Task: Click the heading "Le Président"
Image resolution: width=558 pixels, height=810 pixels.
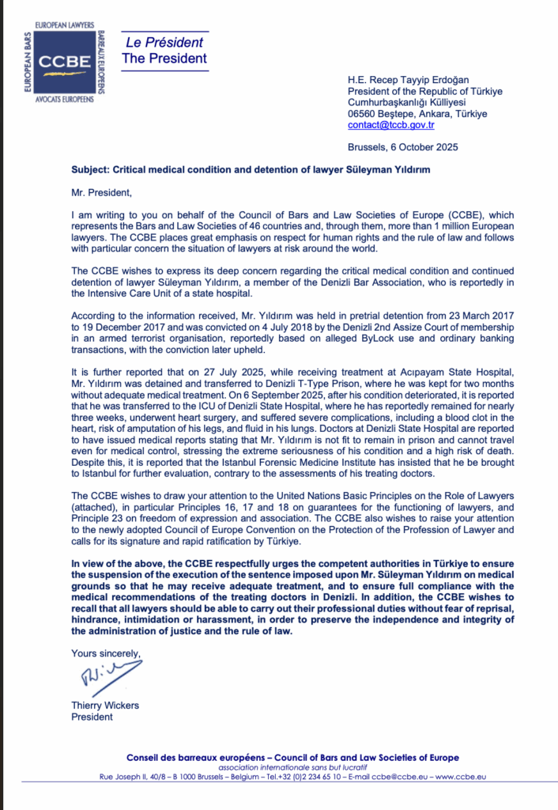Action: (164, 43)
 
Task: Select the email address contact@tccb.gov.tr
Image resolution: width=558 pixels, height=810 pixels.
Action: (390, 125)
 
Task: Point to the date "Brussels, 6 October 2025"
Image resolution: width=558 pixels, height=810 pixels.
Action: (402, 147)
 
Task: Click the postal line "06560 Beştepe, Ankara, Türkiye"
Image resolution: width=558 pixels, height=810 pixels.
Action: (417, 114)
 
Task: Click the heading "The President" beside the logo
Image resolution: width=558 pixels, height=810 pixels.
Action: (164, 59)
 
